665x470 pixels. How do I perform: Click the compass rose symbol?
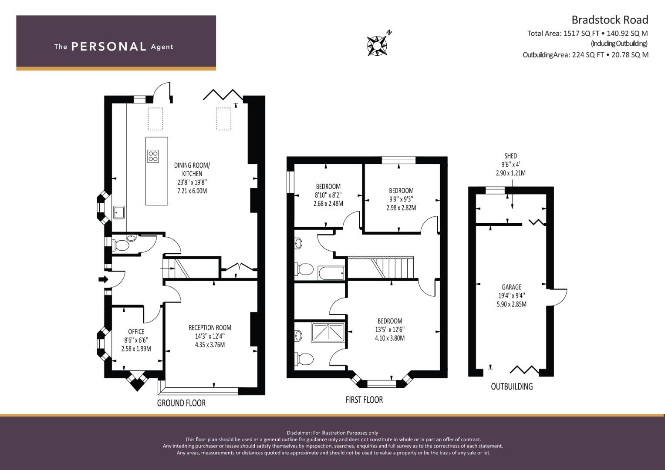click(x=377, y=45)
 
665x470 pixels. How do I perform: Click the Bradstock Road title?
click(x=610, y=20)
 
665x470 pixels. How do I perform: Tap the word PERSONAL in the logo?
click(x=109, y=47)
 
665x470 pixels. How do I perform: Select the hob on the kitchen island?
click(x=153, y=156)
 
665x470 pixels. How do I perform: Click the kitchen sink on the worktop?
click(x=119, y=212)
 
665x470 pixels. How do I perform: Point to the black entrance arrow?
click(x=104, y=279)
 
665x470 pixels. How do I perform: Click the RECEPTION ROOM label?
click(x=210, y=328)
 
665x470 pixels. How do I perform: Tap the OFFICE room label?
click(x=136, y=332)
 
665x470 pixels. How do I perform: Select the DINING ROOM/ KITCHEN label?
click(x=192, y=169)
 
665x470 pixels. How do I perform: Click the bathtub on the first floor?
click(x=331, y=273)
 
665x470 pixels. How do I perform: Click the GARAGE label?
click(x=512, y=287)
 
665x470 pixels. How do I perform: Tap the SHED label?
click(x=511, y=156)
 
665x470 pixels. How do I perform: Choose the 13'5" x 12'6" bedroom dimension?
click(x=390, y=330)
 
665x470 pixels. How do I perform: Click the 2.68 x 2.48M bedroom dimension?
click(x=328, y=204)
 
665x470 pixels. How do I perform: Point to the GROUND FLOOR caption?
click(x=182, y=403)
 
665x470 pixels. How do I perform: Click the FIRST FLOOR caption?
click(x=364, y=400)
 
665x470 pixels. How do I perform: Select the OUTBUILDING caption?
click(x=512, y=386)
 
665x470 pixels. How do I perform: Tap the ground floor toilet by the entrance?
click(x=120, y=246)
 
